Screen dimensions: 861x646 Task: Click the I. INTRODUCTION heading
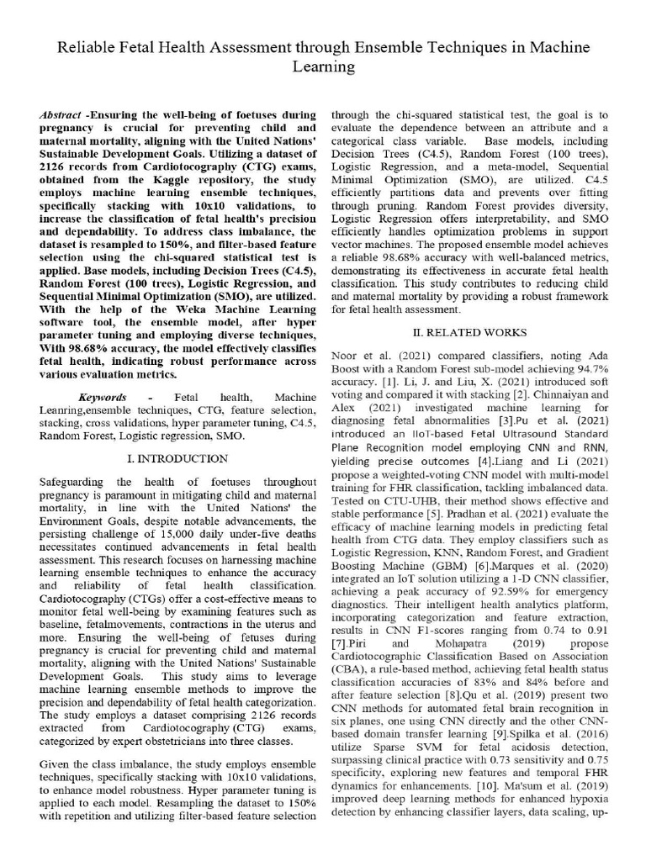click(x=176, y=459)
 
